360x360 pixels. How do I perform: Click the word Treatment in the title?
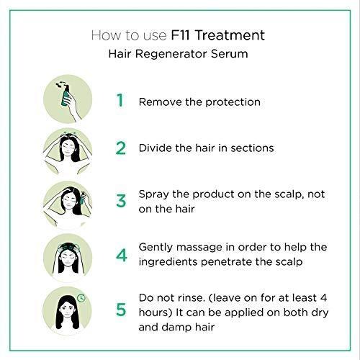click(230, 35)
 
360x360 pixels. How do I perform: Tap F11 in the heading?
click(180, 35)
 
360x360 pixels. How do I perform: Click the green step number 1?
click(120, 100)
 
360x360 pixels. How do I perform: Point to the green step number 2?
click(121, 148)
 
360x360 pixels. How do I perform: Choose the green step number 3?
click(121, 201)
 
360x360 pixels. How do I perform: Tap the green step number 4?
click(121, 255)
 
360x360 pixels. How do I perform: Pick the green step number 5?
click(121, 310)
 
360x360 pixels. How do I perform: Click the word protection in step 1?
click(233, 102)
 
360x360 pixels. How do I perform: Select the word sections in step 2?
click(252, 148)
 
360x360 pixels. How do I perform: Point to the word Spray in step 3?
click(153, 195)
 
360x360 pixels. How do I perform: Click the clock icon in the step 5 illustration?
click(81, 298)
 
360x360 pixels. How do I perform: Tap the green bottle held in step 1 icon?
click(66, 96)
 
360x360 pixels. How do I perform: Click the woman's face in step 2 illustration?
click(68, 148)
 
